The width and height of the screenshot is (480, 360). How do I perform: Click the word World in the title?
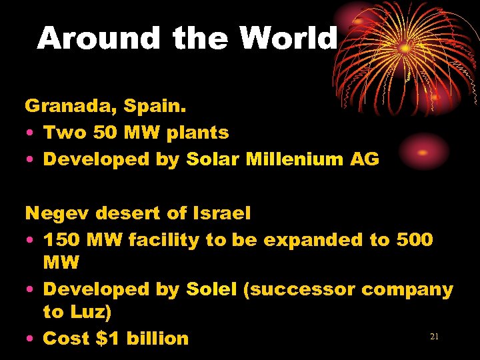pyautogui.click(x=289, y=39)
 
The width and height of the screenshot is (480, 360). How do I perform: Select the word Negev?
pyautogui.click(x=57, y=213)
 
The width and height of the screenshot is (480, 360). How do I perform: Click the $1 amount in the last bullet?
pyautogui.click(x=107, y=338)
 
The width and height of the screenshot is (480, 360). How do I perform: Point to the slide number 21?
pyautogui.click(x=434, y=337)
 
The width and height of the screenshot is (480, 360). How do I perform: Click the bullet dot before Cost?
pyautogui.click(x=31, y=339)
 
